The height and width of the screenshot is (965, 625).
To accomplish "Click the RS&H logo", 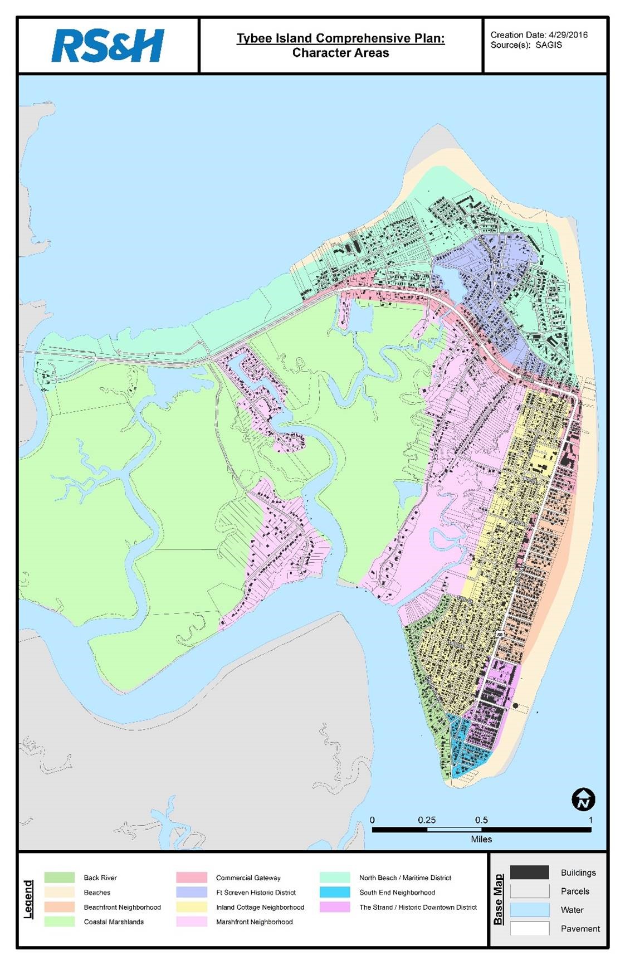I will point(108,46).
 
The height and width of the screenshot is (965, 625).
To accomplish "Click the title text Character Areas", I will point(340,53).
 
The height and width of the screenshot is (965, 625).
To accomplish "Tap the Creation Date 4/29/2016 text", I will point(539,35).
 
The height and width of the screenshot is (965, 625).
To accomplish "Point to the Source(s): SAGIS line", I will point(526,45).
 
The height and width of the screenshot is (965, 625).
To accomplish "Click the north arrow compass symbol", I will point(583,800).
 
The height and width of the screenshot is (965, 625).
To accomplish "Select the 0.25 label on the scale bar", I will point(427,820).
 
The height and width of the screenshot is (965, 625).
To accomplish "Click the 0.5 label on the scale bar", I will point(481,820).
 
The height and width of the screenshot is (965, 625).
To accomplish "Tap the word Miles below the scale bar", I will point(481,839).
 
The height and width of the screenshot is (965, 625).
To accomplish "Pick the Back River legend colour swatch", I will point(60,878).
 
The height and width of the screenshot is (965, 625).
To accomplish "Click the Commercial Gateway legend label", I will point(248,878).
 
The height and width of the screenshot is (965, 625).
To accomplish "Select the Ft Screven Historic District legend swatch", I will point(192,892).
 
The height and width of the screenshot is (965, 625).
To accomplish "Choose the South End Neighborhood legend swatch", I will point(335,892).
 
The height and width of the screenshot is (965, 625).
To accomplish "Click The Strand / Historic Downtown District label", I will point(418,907).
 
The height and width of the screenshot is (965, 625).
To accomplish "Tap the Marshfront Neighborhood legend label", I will point(254,922).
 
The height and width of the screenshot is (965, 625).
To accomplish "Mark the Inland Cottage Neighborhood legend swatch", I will point(192,907).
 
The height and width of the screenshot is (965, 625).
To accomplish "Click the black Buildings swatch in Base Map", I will point(529,873).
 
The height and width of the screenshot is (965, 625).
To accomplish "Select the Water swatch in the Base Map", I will point(529,910).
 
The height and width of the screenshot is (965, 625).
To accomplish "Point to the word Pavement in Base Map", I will point(580,929).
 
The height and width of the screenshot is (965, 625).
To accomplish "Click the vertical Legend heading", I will point(28,899).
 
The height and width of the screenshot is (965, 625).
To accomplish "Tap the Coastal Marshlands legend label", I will point(114,922).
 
